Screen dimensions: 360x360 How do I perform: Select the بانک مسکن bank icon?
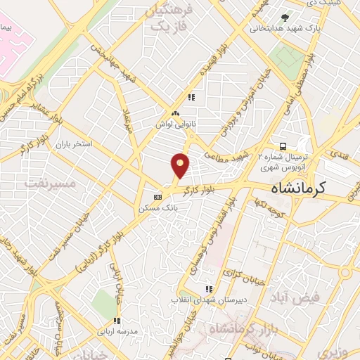click(158, 197)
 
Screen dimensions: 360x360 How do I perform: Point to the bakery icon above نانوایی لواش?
click(175, 112)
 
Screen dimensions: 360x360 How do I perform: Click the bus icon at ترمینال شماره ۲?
click(283, 146)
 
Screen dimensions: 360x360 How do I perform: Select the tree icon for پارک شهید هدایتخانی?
click(285, 18)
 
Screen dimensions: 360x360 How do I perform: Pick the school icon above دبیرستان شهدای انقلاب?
click(208, 289)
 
